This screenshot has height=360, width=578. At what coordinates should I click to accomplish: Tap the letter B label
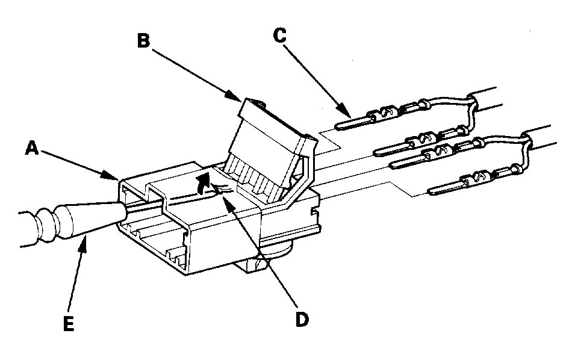pos(143,41)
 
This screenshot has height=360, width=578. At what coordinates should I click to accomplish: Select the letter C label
pos(279,34)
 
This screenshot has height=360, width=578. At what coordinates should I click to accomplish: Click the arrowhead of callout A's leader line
pos(119,179)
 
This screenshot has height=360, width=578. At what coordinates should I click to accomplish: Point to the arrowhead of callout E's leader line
pos(89,237)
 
